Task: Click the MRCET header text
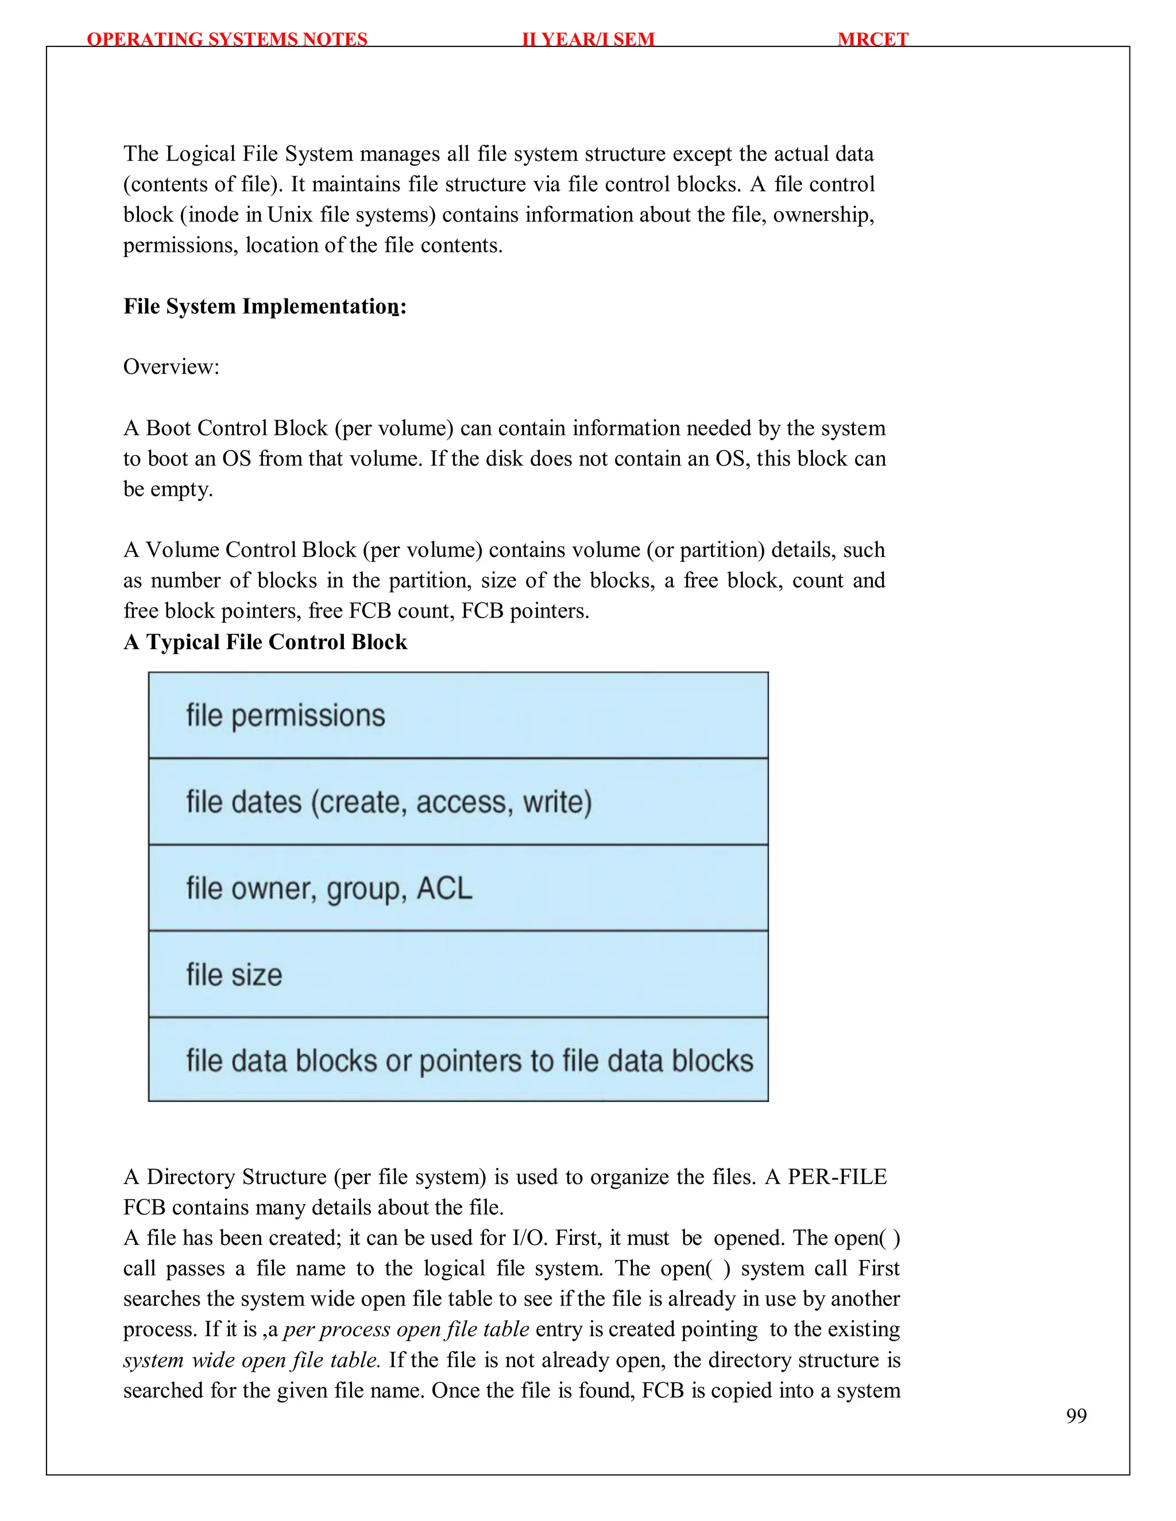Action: click(872, 39)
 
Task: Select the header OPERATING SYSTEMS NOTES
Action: click(227, 39)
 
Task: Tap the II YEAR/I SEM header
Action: click(588, 39)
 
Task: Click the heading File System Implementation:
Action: click(265, 306)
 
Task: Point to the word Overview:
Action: click(171, 367)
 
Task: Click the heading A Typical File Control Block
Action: click(265, 642)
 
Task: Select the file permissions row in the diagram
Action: click(458, 715)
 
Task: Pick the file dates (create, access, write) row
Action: click(458, 802)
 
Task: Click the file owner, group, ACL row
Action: click(458, 888)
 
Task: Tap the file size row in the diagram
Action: click(458, 975)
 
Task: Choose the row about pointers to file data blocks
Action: click(458, 1061)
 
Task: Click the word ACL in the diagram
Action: click(444, 888)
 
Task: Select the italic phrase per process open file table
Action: click(406, 1329)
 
